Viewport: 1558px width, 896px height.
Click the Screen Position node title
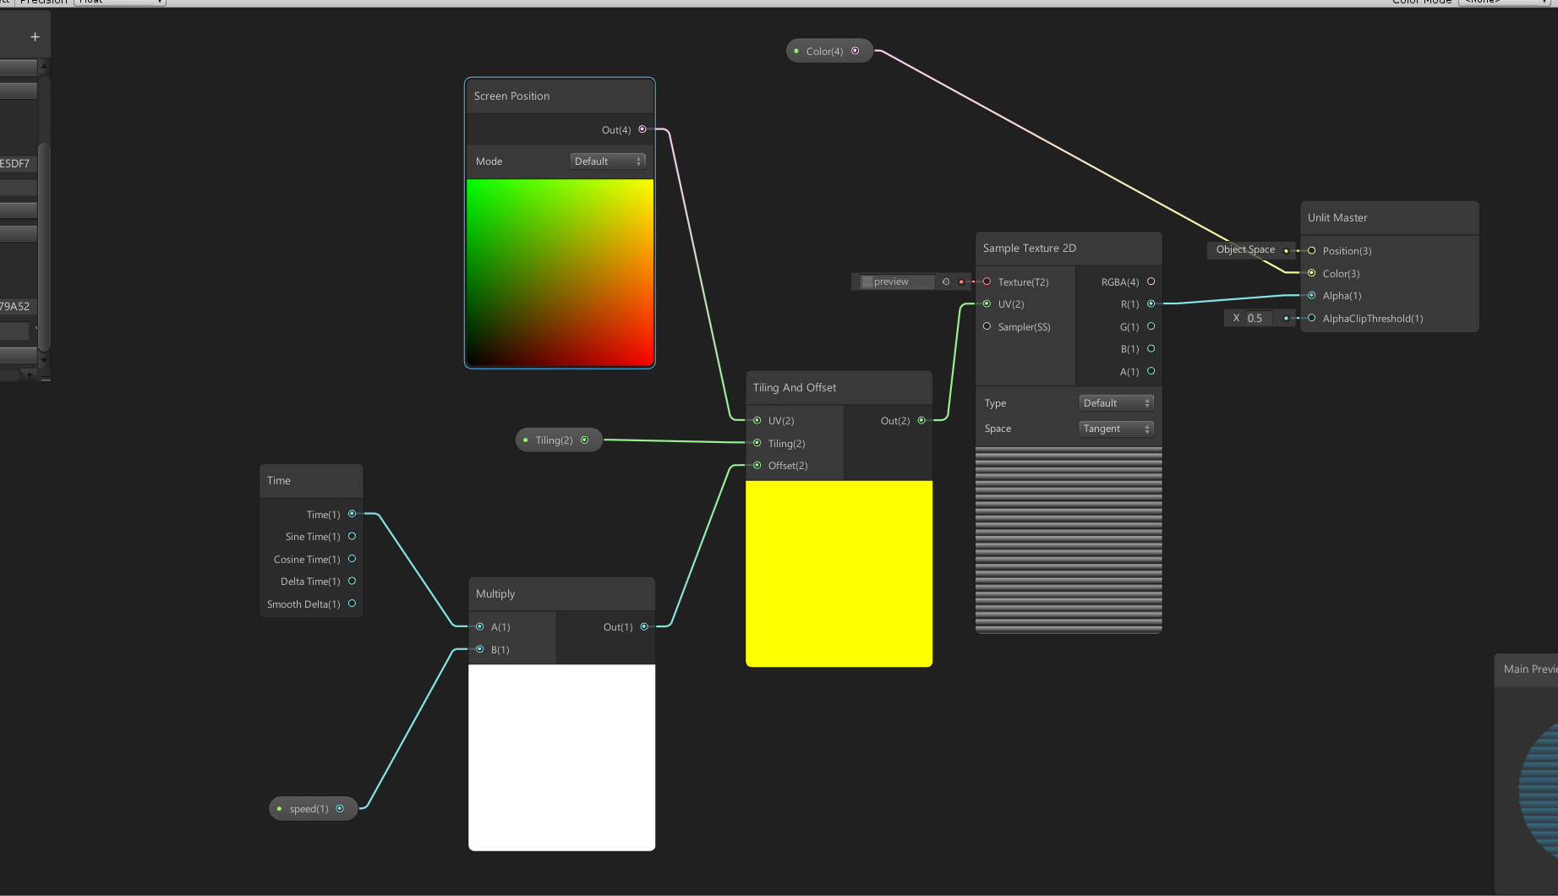click(512, 96)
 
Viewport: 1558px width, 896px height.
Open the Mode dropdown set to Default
click(608, 161)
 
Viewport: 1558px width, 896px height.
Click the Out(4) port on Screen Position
click(642, 129)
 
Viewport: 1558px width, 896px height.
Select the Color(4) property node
click(825, 52)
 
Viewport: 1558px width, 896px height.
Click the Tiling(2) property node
click(555, 440)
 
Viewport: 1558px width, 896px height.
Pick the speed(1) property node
click(309, 809)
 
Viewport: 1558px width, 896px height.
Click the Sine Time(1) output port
click(353, 536)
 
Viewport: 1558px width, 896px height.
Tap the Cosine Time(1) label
click(307, 560)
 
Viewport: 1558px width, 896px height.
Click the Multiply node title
click(495, 594)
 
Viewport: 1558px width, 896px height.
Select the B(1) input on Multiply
click(480, 649)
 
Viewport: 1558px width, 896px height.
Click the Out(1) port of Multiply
click(644, 626)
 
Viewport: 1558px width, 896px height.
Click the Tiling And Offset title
click(795, 388)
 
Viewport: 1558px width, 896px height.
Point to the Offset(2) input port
click(757, 465)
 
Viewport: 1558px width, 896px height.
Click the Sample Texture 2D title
click(1030, 249)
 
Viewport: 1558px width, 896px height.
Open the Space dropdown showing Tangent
click(1116, 429)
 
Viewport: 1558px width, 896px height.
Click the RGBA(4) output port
click(1151, 281)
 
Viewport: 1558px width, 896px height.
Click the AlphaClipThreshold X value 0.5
click(1255, 319)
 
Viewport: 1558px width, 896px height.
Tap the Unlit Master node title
click(1337, 218)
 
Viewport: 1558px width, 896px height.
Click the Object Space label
click(1245, 249)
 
